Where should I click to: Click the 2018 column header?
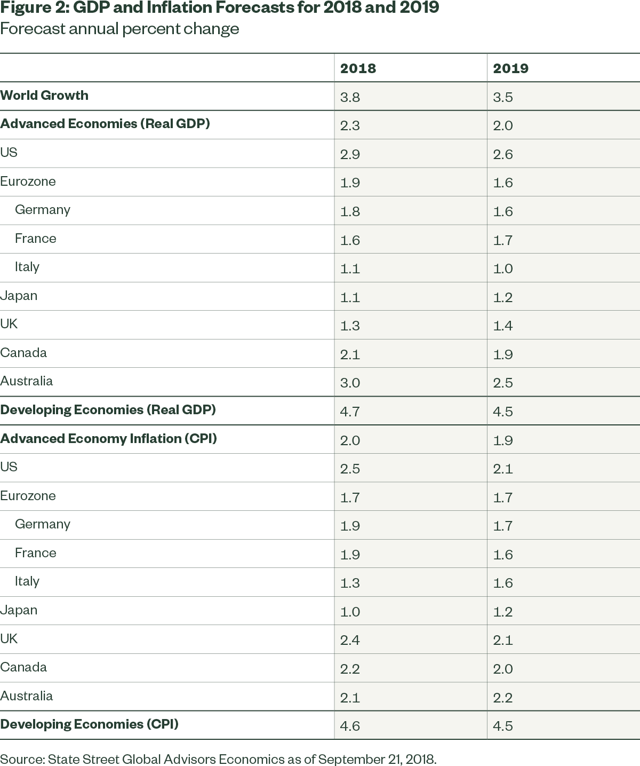click(358, 68)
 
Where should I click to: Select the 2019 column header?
click(510, 68)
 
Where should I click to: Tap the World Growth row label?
click(44, 96)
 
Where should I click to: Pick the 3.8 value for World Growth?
click(350, 97)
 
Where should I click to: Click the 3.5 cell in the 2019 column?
click(503, 97)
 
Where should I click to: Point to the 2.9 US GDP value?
click(350, 154)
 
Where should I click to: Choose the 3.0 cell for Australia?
click(350, 383)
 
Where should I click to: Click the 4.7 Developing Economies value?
click(350, 412)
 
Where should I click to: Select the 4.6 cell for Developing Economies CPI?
click(350, 726)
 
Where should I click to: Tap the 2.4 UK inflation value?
click(350, 640)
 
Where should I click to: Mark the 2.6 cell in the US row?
click(503, 154)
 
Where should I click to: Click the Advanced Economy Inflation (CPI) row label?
click(108, 439)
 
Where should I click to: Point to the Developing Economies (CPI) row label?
click(89, 724)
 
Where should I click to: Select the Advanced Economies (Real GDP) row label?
click(105, 124)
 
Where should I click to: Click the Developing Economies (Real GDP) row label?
click(108, 410)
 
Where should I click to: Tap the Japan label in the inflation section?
click(19, 610)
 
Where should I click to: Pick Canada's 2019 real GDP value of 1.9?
click(503, 354)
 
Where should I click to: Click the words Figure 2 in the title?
click(31, 9)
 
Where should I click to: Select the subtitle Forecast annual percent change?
click(119, 28)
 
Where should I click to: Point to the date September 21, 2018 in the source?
click(377, 759)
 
